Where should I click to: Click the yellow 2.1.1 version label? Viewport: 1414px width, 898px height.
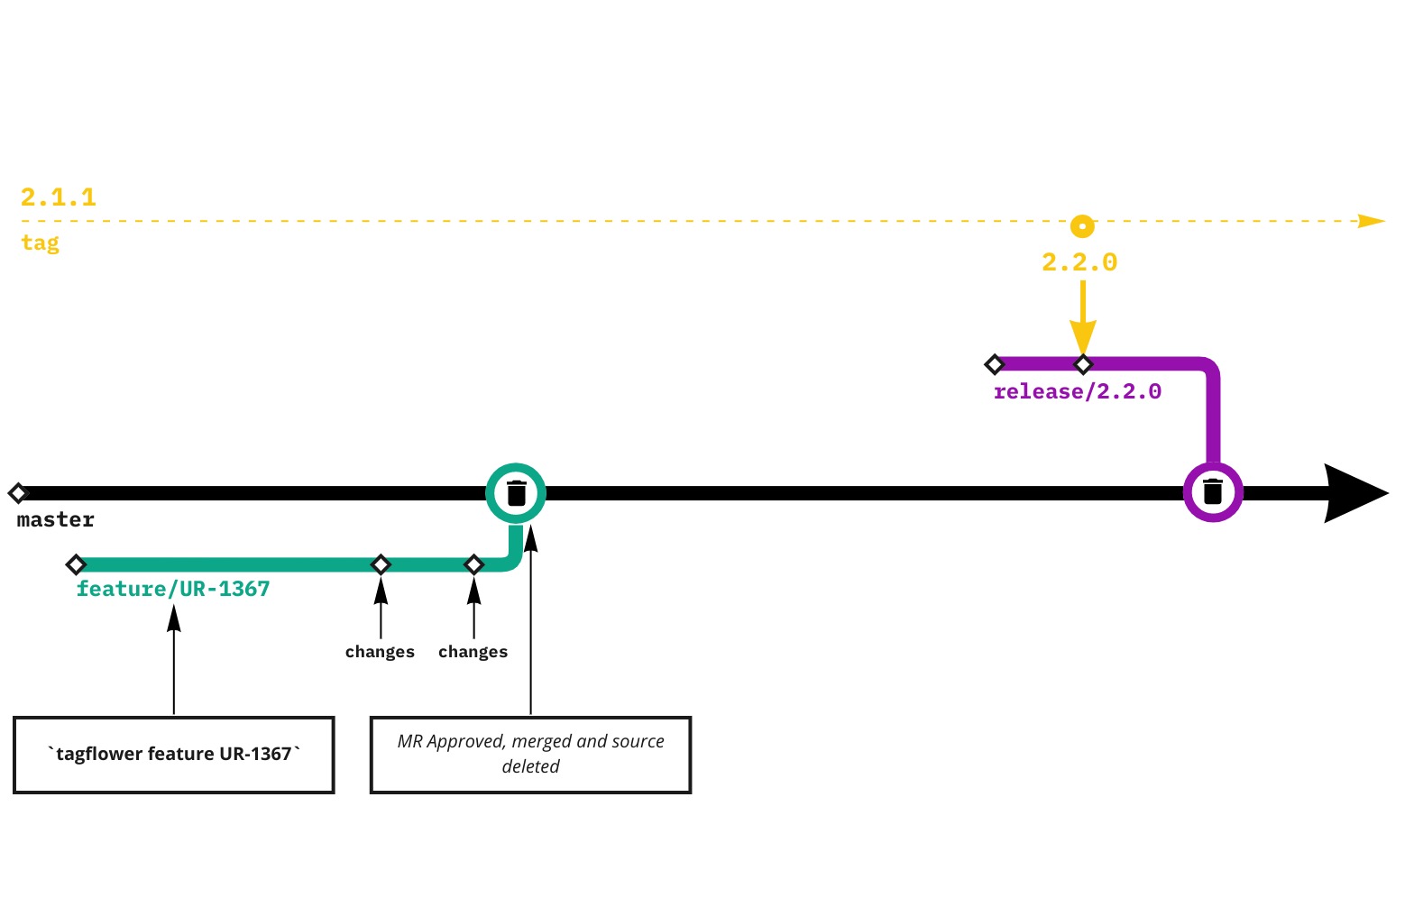point(58,197)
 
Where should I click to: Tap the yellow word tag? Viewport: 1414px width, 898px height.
point(40,243)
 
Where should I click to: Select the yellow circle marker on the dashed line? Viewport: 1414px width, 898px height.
point(1082,225)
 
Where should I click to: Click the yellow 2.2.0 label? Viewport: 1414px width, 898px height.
point(1079,262)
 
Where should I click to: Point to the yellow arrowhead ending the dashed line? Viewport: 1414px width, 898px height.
point(1371,221)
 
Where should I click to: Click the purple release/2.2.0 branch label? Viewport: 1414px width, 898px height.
point(1077,391)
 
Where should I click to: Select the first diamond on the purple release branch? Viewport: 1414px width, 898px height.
point(994,364)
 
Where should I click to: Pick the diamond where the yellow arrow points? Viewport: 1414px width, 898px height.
point(1083,364)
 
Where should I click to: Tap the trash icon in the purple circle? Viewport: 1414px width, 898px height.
point(1213,492)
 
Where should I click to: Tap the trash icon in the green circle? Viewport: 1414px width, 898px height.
point(516,493)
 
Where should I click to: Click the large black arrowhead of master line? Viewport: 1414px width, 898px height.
point(1353,493)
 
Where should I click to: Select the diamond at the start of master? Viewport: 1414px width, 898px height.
point(18,493)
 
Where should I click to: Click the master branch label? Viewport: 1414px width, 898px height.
point(55,520)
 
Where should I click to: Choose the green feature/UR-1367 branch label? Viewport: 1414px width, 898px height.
point(173,589)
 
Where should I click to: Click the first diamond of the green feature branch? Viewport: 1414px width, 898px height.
point(76,565)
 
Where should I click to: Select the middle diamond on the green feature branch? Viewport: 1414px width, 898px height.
point(381,565)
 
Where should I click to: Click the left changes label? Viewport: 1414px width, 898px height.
point(380,652)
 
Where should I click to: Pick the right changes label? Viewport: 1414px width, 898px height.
point(473,652)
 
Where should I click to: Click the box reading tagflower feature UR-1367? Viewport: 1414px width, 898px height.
point(174,755)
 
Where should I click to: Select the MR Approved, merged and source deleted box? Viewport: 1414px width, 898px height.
point(530,755)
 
